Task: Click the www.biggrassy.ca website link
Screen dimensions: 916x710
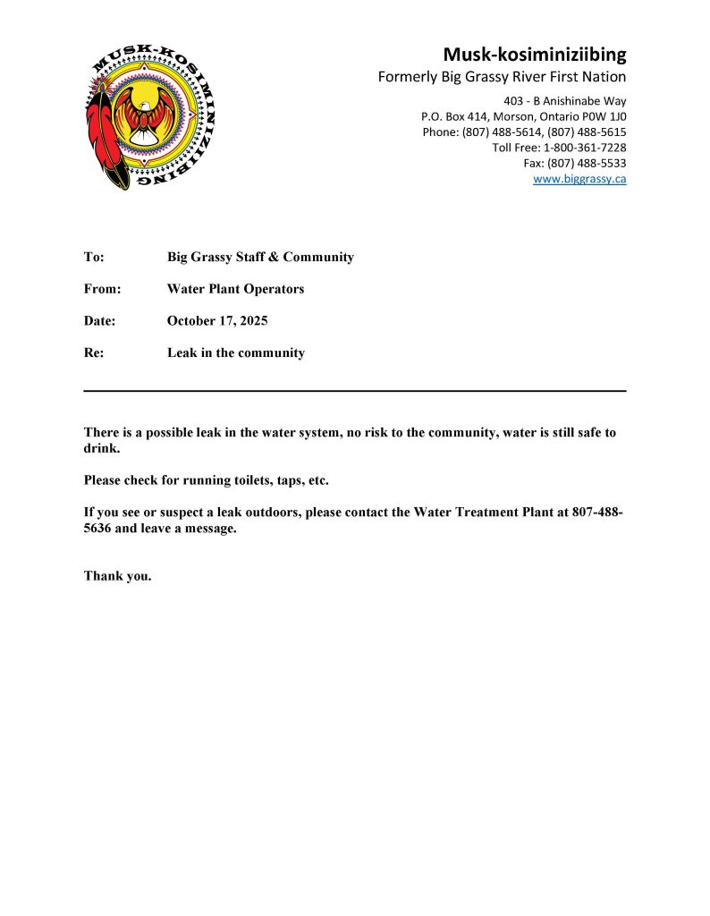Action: tap(579, 179)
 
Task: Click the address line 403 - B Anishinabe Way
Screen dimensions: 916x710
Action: tap(565, 100)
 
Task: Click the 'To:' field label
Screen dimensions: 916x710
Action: tap(94, 257)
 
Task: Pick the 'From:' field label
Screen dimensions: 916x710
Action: tap(102, 289)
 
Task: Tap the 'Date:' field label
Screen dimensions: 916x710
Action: tap(100, 320)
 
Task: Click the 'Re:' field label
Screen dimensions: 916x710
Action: tap(94, 352)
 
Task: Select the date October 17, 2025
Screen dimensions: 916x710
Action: tap(217, 320)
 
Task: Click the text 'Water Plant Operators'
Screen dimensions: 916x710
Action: tap(235, 289)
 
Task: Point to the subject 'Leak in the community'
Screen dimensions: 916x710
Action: tap(236, 352)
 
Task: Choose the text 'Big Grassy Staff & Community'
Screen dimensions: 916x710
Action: tap(260, 257)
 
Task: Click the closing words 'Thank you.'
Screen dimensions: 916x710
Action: tap(118, 575)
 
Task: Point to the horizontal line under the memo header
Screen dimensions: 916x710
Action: tap(355, 391)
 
